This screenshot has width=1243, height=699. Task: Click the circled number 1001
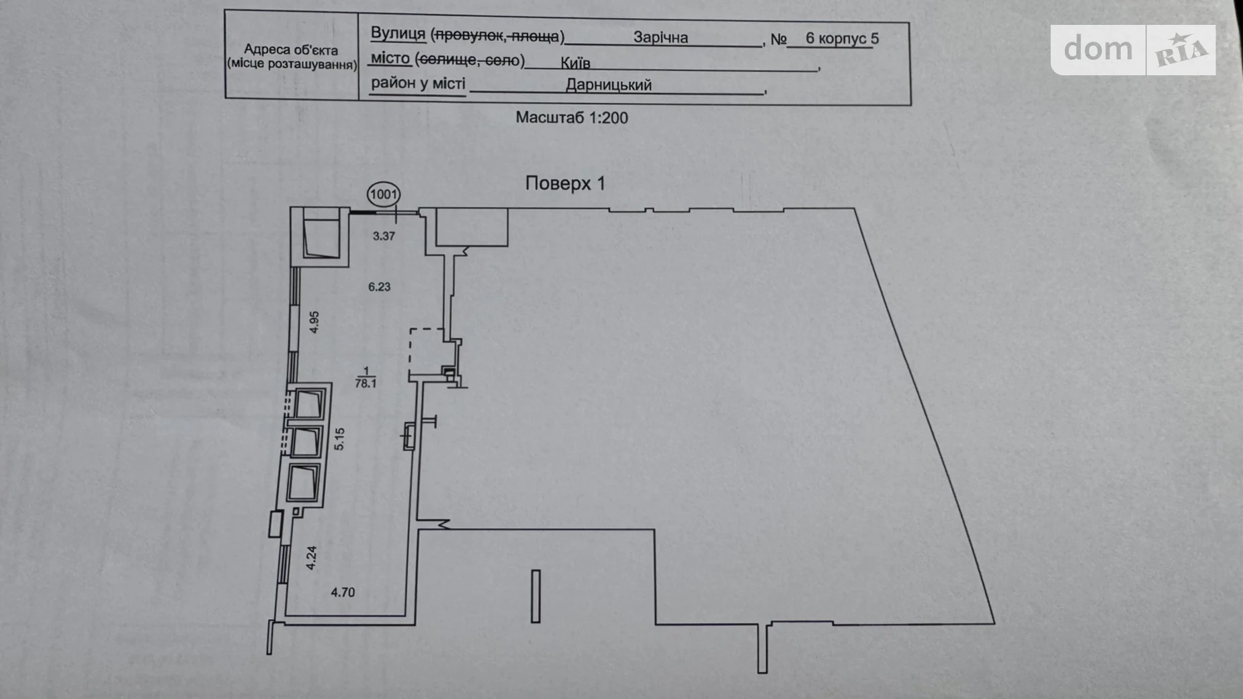pyautogui.click(x=384, y=195)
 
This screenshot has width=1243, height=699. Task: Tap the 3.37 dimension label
pyautogui.click(x=384, y=236)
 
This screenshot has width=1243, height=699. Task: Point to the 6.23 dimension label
pyautogui.click(x=379, y=287)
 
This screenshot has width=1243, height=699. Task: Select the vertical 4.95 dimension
pyautogui.click(x=314, y=322)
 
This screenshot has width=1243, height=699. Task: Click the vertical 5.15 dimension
pyautogui.click(x=339, y=439)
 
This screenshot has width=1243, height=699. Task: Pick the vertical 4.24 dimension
pyautogui.click(x=311, y=558)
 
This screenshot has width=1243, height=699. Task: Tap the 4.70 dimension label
pyautogui.click(x=343, y=592)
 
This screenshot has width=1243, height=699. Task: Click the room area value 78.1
pyautogui.click(x=366, y=384)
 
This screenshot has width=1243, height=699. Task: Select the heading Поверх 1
pyautogui.click(x=565, y=183)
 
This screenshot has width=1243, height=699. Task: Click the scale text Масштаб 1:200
pyautogui.click(x=572, y=118)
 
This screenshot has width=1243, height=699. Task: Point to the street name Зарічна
pyautogui.click(x=660, y=38)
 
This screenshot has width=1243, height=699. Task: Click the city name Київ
pyautogui.click(x=575, y=63)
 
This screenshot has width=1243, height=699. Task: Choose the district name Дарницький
pyautogui.click(x=608, y=85)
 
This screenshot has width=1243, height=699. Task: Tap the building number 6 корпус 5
pyautogui.click(x=842, y=38)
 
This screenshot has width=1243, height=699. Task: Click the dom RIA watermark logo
pyautogui.click(x=1133, y=50)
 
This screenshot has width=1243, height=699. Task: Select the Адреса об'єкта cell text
pyautogui.click(x=291, y=56)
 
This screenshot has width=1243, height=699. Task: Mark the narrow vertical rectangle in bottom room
pyautogui.click(x=535, y=596)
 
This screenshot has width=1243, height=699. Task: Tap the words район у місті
pyautogui.click(x=418, y=84)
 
